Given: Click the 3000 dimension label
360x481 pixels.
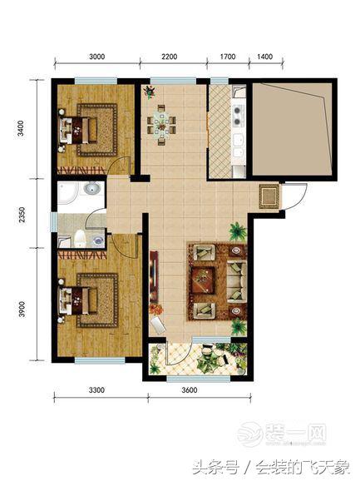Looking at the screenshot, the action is (96, 57).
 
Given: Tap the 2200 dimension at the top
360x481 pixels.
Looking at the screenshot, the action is (169, 57).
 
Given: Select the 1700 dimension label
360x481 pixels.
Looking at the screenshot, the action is (228, 57).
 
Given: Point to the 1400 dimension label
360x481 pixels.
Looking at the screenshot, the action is (264, 57).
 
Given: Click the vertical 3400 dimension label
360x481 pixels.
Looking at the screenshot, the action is (21, 128).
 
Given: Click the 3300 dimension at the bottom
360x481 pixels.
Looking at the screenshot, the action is (96, 390).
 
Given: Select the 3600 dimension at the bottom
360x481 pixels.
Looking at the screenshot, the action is (190, 390).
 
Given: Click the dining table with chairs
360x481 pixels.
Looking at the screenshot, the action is (161, 125).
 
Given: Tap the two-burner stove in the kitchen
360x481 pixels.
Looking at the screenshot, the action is (238, 116).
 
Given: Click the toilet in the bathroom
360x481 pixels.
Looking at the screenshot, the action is (80, 239).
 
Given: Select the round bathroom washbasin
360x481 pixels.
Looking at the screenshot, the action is (91, 188).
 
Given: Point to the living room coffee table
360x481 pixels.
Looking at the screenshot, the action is (203, 280).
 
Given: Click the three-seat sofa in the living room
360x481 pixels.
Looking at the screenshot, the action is (236, 281).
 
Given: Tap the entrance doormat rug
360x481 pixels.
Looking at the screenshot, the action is (269, 196).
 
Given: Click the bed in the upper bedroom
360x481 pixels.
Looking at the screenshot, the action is (78, 130).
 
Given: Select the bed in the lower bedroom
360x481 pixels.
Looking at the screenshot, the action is (78, 300).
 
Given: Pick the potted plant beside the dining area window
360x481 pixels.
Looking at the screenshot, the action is (150, 92).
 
